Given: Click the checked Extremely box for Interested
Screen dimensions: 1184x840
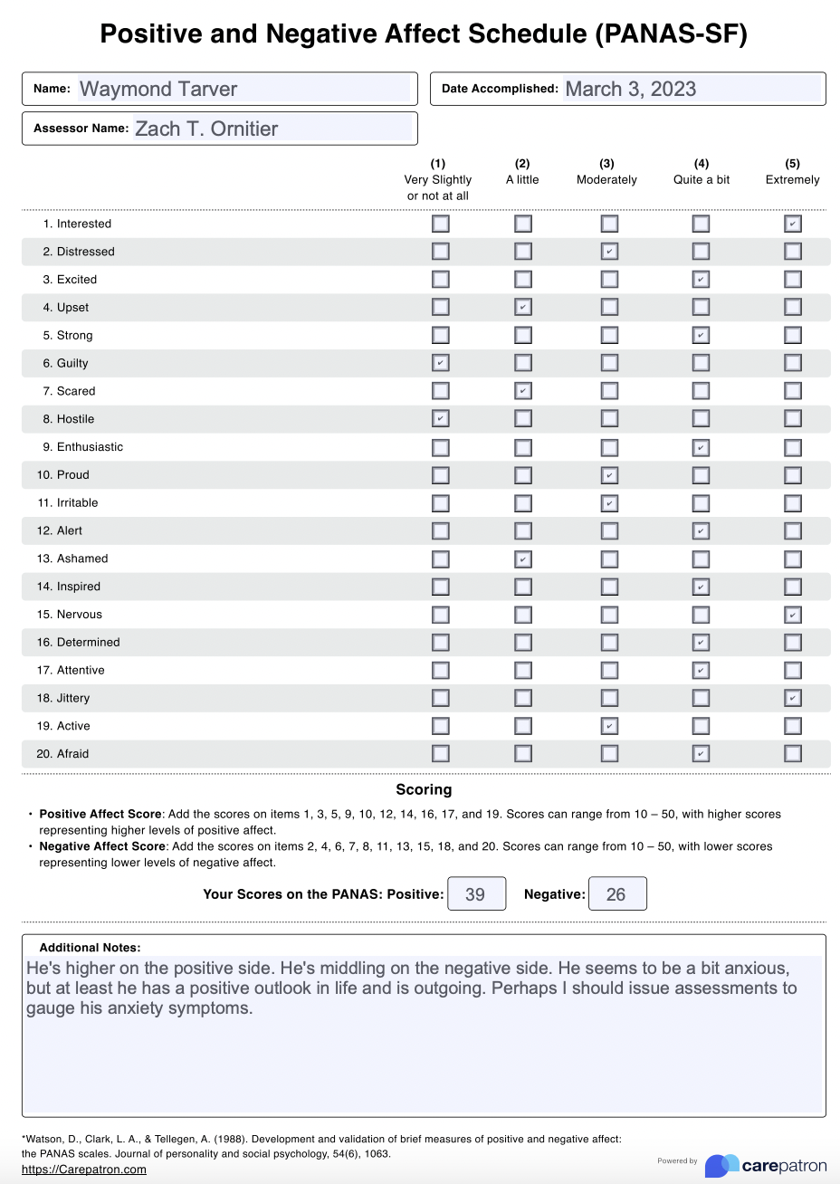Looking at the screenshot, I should point(793,224).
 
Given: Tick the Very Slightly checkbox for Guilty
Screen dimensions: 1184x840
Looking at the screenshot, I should point(441,363).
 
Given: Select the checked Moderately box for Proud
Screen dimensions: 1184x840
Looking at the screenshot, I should point(610,475).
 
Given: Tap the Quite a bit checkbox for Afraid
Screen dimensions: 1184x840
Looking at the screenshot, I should point(701,753).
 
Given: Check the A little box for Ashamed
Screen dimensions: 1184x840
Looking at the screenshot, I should point(523,559).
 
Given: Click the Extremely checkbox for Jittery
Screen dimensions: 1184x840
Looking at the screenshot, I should point(793,698).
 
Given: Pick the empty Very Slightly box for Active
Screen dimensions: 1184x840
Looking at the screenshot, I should point(441,726).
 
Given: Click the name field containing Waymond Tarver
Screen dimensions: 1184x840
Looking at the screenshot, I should point(243,89).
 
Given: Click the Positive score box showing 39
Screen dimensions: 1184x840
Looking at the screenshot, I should point(476,894).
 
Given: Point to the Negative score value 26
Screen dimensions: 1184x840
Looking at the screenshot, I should point(617,894).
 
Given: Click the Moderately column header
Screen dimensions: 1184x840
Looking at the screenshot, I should point(606,172).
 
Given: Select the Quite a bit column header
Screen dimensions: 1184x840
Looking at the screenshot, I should point(702,172).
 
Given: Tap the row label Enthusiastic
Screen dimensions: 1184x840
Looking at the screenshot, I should point(90,447).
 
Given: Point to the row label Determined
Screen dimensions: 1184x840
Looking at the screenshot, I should point(88,643).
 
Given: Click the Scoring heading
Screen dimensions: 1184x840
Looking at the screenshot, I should point(424,789).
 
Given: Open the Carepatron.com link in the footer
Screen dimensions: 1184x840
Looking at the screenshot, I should point(83,1169).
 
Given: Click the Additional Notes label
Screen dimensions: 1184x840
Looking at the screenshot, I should point(90,948).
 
